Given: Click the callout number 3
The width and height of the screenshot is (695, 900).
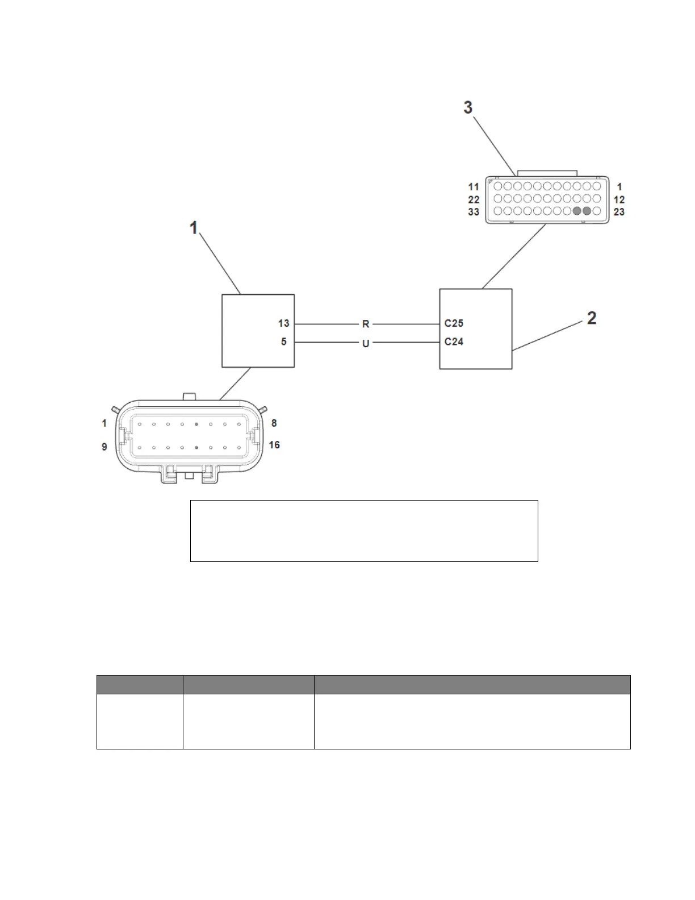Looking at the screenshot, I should click(x=468, y=107).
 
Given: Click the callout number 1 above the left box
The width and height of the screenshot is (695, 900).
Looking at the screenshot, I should click(x=194, y=228).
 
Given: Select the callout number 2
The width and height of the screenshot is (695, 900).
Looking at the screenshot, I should click(x=592, y=318).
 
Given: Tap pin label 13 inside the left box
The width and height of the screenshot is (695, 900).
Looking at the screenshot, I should click(x=283, y=323).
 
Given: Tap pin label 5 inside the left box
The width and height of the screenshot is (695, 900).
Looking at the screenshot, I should click(x=284, y=342).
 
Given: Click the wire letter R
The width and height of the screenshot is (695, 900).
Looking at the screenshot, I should click(x=366, y=324).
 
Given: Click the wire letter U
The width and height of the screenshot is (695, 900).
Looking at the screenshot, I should click(x=366, y=343).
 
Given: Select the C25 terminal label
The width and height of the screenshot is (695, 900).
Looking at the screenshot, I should click(x=454, y=323).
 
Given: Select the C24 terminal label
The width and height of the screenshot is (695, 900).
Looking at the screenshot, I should click(x=454, y=341).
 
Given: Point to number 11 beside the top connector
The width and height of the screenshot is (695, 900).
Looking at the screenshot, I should click(x=474, y=187).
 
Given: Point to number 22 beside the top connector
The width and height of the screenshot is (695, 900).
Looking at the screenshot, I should click(x=474, y=199).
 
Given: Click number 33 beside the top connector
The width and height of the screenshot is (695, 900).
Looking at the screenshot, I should click(x=474, y=212).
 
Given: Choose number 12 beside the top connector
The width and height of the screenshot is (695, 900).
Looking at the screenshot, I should click(x=619, y=199).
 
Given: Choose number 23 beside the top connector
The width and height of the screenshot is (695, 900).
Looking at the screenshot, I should click(x=619, y=212).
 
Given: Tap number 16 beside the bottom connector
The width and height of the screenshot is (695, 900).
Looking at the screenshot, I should click(x=274, y=445).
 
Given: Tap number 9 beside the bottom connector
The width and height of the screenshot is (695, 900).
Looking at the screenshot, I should click(x=104, y=447).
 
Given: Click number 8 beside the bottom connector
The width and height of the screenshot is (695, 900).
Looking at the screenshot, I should click(x=274, y=423).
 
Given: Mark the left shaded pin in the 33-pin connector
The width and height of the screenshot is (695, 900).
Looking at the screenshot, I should click(x=577, y=211).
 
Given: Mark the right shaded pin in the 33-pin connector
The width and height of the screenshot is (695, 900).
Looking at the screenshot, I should click(x=587, y=211).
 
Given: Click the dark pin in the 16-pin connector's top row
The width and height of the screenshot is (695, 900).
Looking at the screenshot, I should click(x=196, y=424).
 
